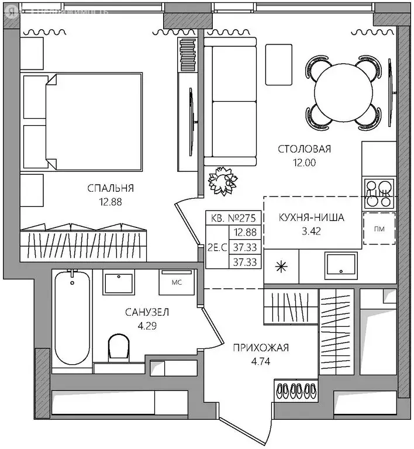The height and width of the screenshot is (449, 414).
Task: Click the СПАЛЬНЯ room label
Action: click(x=111, y=188)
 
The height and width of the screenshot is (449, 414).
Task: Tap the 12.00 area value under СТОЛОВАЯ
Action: click(x=304, y=163)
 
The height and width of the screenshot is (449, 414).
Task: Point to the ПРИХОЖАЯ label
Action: click(x=261, y=348)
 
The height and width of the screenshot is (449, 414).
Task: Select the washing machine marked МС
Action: click(x=175, y=282)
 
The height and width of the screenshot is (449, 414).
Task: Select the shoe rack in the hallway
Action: click(x=296, y=391)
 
